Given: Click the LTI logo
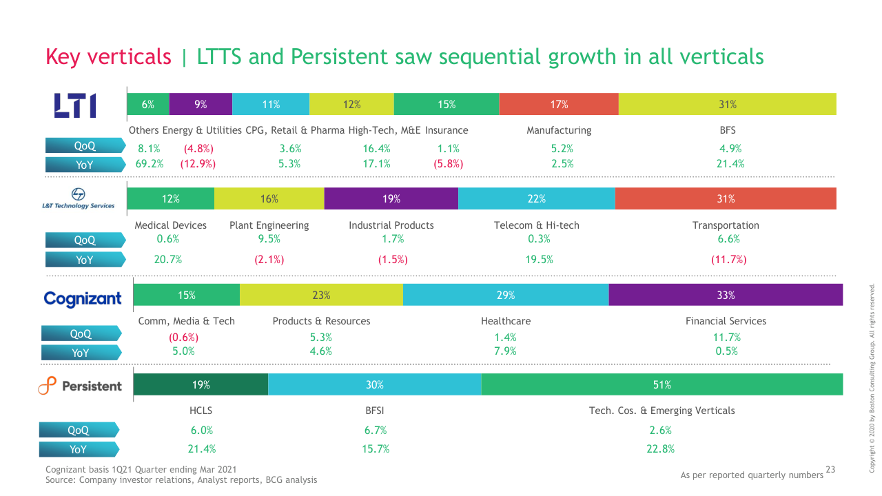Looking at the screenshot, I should (x=75, y=105).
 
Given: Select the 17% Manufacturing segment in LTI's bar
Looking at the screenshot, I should (x=559, y=105).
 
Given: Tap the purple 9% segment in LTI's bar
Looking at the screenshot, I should (x=201, y=105).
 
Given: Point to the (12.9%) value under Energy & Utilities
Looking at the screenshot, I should (x=198, y=164).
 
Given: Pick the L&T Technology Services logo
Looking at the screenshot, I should (x=78, y=198).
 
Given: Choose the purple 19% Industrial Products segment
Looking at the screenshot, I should (x=391, y=198).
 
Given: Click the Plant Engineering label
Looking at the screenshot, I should (x=269, y=225).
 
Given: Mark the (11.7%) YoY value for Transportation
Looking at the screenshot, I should (x=728, y=260).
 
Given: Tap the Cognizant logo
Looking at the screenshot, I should (x=82, y=298).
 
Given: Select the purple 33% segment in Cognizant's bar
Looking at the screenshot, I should (x=726, y=295).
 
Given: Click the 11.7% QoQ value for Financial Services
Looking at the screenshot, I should (x=726, y=338).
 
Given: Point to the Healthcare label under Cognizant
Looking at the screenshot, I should (x=505, y=321).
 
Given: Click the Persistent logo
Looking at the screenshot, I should (x=80, y=386).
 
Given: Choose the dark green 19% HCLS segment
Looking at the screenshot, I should (x=201, y=384).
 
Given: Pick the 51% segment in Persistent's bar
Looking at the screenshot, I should (x=661, y=384).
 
